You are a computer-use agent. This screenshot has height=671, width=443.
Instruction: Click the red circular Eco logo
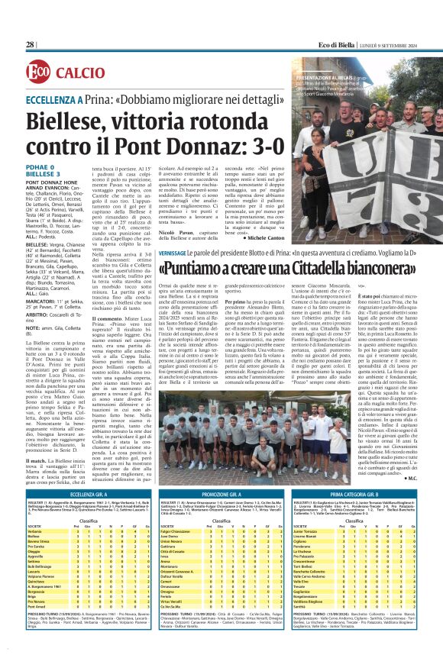point(39,73)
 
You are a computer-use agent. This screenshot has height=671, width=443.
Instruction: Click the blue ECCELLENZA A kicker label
point(58,100)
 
